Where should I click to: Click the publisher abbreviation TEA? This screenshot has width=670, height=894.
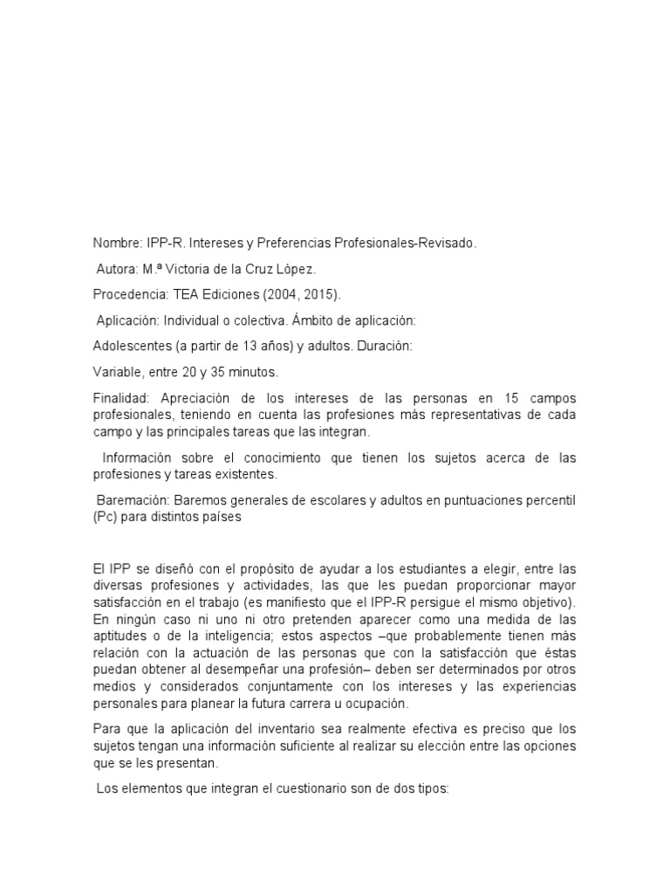tap(174, 296)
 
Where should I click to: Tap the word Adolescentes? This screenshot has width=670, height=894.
tap(132, 347)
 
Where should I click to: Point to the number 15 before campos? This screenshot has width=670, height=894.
tap(510, 397)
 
